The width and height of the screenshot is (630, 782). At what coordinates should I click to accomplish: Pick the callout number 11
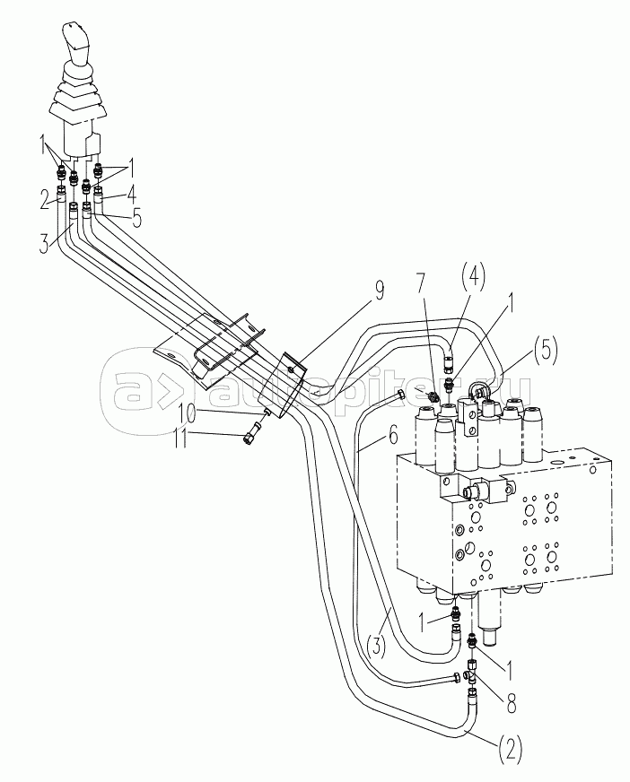click(179, 439)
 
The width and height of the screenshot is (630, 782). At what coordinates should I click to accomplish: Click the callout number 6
click(393, 437)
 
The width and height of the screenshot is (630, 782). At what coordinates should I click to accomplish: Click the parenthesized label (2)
click(509, 748)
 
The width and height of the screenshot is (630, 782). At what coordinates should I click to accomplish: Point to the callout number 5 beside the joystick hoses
click(136, 218)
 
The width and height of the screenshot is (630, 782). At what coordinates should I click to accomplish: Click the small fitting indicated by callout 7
click(433, 396)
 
